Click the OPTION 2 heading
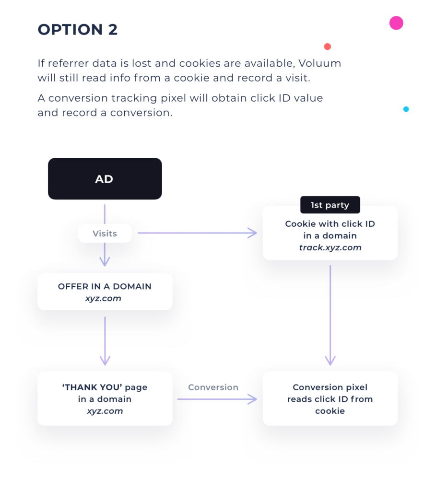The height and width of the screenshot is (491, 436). click(78, 30)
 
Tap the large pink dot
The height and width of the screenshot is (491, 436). click(396, 23)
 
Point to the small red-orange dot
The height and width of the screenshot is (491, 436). click(327, 47)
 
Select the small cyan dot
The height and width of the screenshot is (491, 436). click(406, 109)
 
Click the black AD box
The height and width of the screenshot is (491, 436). click(105, 178)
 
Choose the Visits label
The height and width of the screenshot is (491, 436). click(105, 234)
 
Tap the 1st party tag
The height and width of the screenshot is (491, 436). click(330, 205)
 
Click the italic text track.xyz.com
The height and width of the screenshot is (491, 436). click(330, 247)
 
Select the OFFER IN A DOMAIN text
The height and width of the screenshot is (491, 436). click(105, 287)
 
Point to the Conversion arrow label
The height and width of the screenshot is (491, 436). click(213, 387)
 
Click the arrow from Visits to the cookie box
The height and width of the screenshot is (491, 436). click(197, 233)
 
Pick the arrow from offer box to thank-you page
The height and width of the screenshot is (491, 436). click(105, 341)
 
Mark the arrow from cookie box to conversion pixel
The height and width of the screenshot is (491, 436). click(330, 315)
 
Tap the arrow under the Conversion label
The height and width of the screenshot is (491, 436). click(217, 399)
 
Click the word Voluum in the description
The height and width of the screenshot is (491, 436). click(319, 63)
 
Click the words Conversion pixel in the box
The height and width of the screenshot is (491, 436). click(330, 387)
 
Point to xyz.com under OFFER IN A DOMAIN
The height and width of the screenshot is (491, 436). click(103, 298)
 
